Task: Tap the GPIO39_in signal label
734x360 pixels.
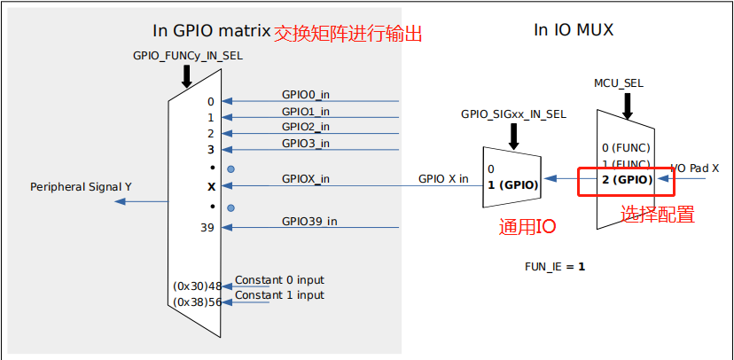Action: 309,221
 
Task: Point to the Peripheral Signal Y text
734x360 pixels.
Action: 81,187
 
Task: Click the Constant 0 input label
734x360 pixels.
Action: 279,281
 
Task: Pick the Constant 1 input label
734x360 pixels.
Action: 279,295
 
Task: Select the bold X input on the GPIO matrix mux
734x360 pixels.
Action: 211,186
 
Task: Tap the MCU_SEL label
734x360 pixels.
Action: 619,83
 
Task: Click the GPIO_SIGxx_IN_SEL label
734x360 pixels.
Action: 513,114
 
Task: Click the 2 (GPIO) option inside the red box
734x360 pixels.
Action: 627,180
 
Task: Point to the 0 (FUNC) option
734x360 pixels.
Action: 626,147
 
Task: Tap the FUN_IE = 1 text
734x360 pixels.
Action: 555,265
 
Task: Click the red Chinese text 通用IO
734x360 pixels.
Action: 527,226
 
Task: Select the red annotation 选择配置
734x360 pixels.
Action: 657,214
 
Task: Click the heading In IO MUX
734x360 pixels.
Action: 574,31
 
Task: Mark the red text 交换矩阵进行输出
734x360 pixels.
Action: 347,34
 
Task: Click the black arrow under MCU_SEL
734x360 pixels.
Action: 627,104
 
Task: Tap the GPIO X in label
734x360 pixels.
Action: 443,178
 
